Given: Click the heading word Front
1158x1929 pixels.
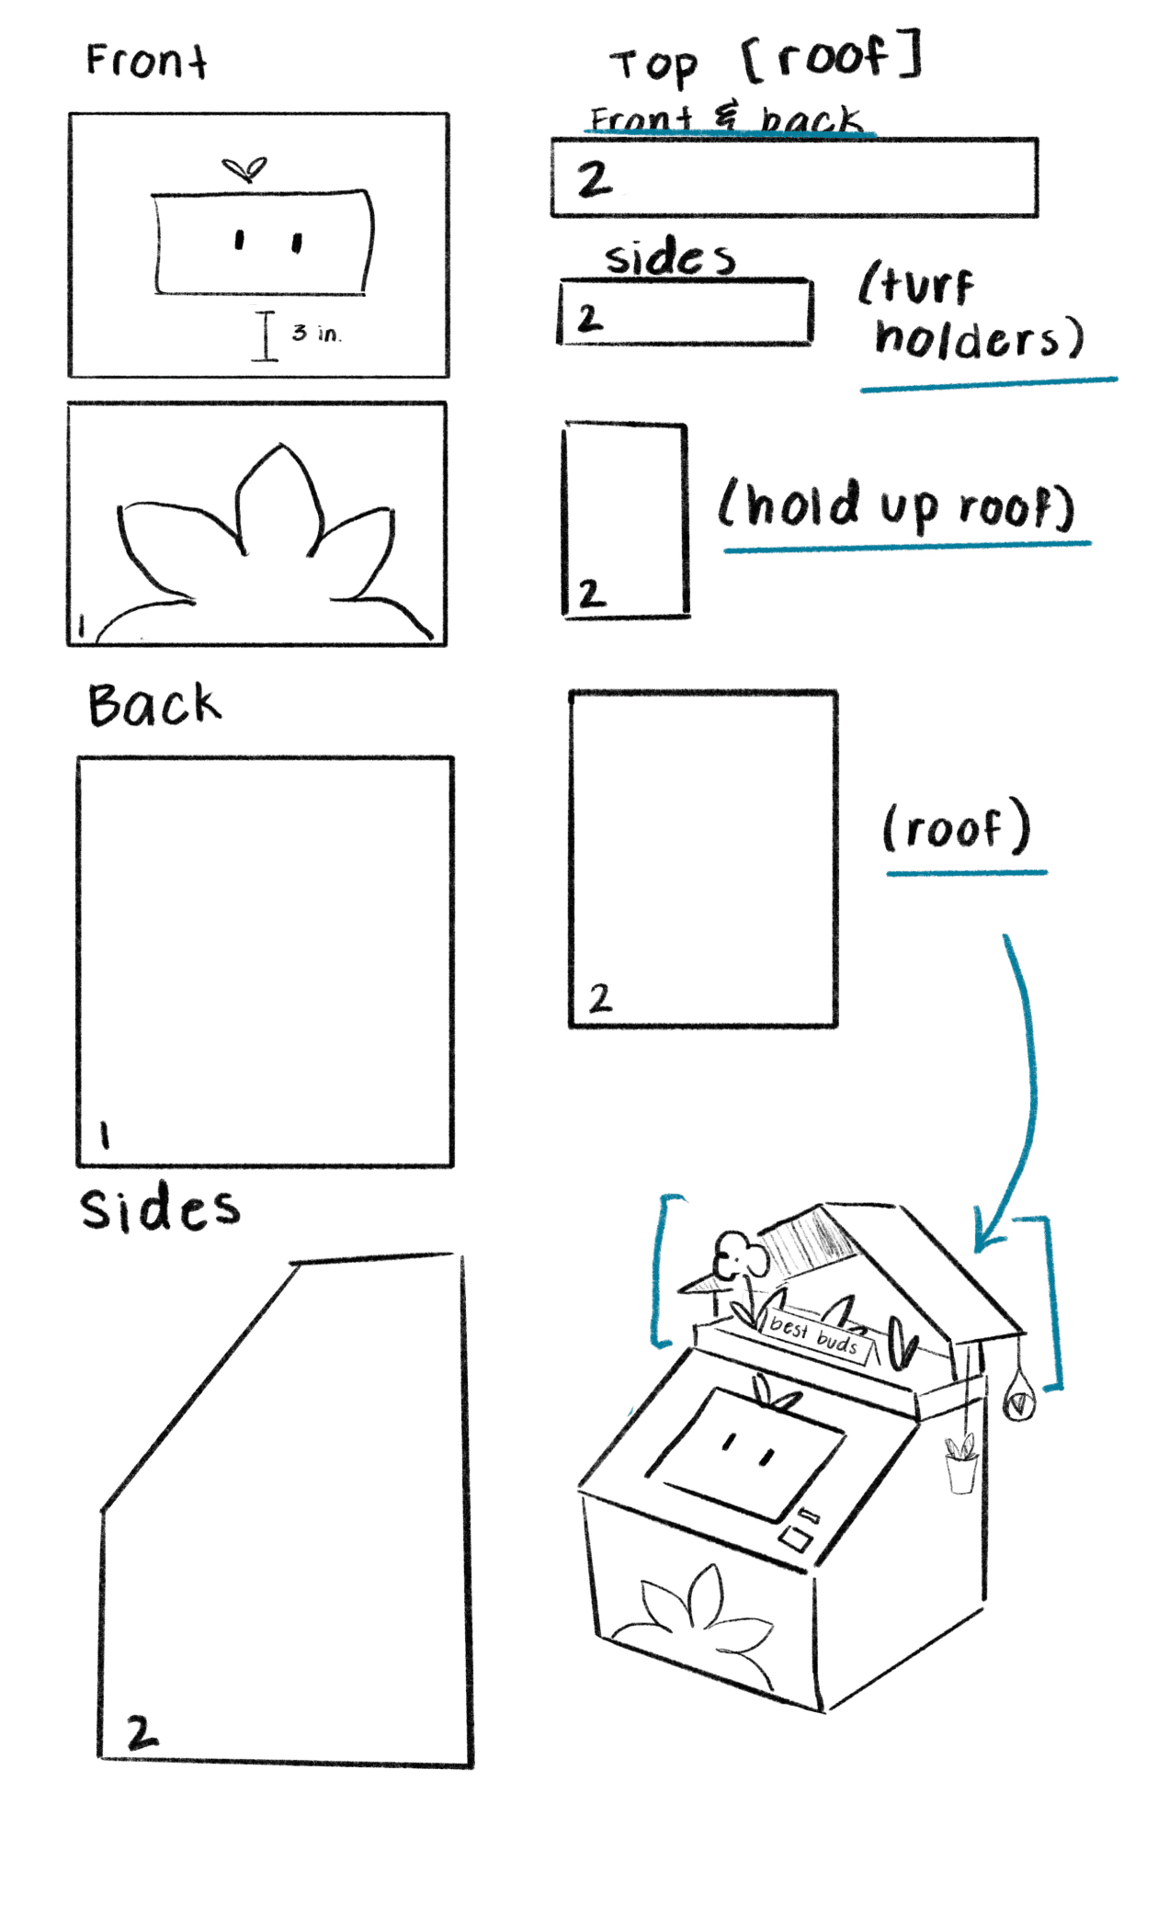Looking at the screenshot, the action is click(146, 62).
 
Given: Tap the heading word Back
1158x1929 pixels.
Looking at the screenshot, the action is click(154, 706).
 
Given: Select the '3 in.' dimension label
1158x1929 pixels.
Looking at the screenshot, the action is click(316, 333).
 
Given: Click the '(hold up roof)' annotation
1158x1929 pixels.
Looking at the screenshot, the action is click(896, 505).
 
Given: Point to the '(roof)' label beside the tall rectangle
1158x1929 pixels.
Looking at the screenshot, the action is click(956, 828).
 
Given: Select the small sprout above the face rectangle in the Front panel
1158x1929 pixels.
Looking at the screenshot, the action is click(244, 169).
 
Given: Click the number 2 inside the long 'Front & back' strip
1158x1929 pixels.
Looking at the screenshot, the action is click(594, 178).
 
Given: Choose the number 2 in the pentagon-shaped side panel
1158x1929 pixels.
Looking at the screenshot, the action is click(142, 1733).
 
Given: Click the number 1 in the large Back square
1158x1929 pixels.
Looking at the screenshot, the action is click(105, 1136).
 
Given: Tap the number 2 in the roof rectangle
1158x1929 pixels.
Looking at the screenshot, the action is click(600, 997).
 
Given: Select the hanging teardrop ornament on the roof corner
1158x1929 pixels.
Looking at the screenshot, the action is click(1018, 1397).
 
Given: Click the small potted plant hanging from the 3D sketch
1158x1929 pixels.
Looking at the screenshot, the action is click(961, 1462).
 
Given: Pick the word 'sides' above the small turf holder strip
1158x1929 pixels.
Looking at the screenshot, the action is click(669, 256).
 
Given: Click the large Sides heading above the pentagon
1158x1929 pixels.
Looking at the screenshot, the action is click(160, 1208).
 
